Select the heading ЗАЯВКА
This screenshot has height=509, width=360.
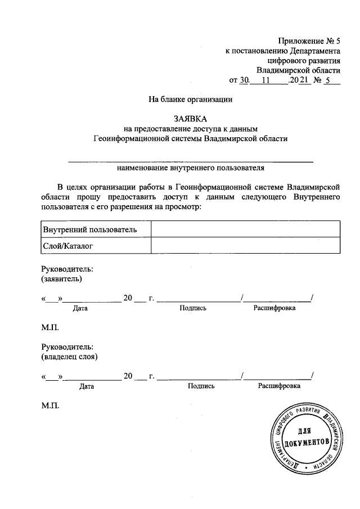pos(190,119)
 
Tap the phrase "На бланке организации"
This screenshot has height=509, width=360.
pos(190,100)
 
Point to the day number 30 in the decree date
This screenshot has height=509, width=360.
pos(244,80)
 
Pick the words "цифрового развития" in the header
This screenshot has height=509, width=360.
pos(301,60)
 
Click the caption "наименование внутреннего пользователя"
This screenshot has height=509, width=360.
pos(190,167)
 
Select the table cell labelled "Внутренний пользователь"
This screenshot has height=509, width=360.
pos(89,229)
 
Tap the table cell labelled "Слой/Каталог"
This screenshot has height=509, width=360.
pos(67,246)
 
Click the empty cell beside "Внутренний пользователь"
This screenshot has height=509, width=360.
pos(245,229)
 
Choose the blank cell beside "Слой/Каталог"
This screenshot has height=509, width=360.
pos(245,246)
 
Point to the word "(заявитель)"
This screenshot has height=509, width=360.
pos(62,278)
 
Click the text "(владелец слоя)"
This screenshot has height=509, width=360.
pos(70,356)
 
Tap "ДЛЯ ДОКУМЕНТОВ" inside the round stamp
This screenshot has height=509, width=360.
pos(306,438)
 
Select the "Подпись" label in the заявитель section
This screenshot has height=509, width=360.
pos(193,308)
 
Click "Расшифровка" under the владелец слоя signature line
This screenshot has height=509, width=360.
pos(279,386)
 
